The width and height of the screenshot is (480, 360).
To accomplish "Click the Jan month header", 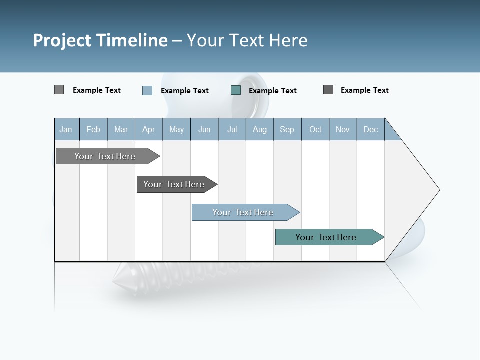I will [x=66, y=129].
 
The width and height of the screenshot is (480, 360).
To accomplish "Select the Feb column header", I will [x=93, y=129].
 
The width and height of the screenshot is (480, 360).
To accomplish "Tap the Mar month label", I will [x=121, y=129].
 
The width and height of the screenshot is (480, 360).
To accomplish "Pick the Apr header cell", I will [x=149, y=129].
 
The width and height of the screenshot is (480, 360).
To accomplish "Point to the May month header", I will [x=176, y=129].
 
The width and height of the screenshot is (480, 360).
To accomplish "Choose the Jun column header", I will [x=204, y=129].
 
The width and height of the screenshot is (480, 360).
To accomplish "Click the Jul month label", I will [x=232, y=129].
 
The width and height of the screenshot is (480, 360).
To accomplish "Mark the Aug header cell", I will [x=260, y=129].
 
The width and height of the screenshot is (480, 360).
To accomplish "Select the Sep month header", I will [x=287, y=129].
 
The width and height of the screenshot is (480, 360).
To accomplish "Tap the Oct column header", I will [x=315, y=129].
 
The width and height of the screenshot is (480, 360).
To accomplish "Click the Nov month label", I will [x=343, y=129].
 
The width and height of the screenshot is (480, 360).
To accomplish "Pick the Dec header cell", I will [x=371, y=129].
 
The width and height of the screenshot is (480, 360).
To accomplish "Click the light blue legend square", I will [x=147, y=90].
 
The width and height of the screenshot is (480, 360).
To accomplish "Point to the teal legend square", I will [x=236, y=90].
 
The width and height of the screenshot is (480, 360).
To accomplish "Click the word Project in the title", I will [x=62, y=40].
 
